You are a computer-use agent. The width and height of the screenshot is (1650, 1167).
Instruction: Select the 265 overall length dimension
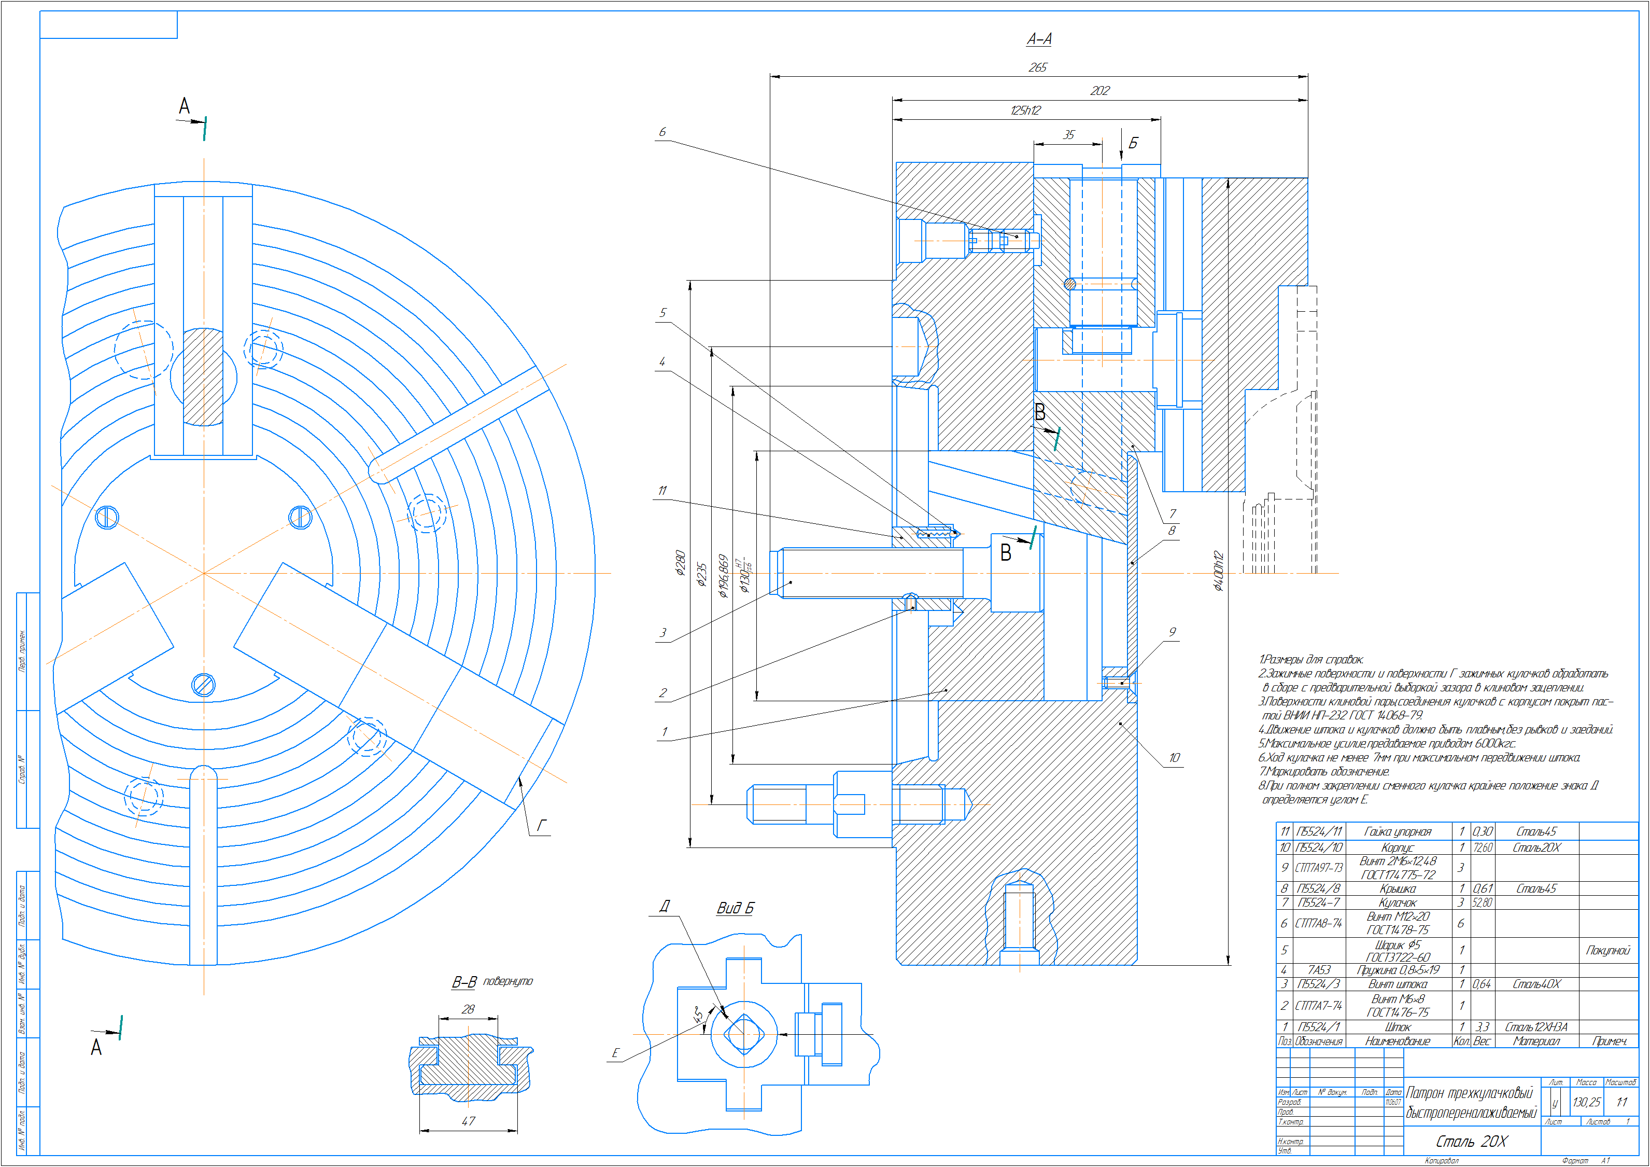(1038, 67)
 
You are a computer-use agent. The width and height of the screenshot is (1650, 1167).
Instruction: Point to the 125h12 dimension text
(1025, 110)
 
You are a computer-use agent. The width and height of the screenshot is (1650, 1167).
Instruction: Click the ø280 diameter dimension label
(680, 563)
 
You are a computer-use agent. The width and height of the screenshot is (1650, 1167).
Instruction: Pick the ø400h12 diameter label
(1217, 571)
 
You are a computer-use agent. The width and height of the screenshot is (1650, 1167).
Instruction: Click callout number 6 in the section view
(662, 132)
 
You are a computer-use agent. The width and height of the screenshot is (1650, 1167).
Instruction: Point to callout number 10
(1174, 758)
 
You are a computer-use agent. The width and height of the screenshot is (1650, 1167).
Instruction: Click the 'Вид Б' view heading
(735, 908)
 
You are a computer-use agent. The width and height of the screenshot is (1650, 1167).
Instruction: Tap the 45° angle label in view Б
(697, 1015)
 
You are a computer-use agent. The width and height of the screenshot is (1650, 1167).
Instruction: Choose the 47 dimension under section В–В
(469, 1121)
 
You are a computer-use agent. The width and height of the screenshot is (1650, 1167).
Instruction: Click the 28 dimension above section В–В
(468, 1009)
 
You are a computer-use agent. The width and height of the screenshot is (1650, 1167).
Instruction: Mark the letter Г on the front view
(542, 825)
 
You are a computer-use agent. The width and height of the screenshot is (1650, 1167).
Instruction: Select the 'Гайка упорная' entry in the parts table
(1397, 832)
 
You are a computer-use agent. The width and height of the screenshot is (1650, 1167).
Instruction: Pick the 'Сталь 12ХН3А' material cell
(1536, 1027)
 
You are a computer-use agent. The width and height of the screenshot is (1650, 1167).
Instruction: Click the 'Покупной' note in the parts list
(1607, 951)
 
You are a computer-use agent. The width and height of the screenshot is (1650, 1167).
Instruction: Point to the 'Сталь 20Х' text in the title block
(1471, 1142)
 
